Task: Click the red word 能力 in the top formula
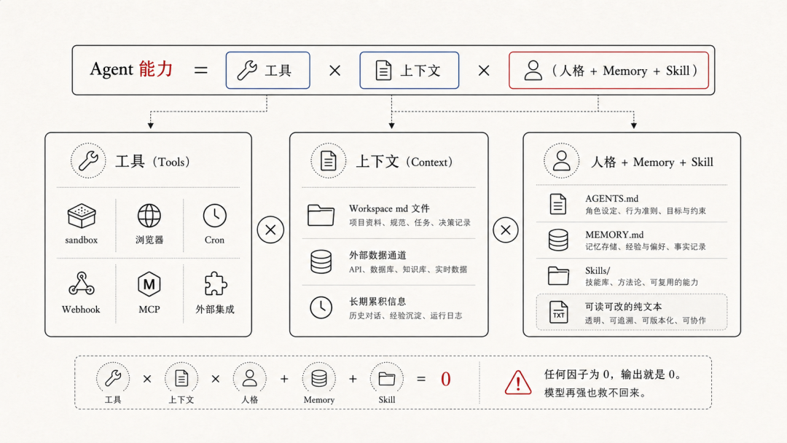[154, 70]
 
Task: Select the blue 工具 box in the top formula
[267, 71]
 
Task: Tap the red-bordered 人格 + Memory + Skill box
[608, 71]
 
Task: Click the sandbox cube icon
[81, 216]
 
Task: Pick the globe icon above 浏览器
[149, 216]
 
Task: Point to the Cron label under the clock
[214, 240]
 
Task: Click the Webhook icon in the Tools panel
[81, 283]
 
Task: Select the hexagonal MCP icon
[149, 283]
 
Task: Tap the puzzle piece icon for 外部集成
[215, 283]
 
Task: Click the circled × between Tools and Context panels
[270, 231]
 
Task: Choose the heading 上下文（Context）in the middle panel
[404, 162]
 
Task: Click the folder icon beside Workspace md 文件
[321, 215]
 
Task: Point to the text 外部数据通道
[378, 256]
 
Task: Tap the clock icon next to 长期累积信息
[321, 307]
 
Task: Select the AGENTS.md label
[611, 198]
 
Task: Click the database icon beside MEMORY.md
[558, 240]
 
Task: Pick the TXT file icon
[558, 312]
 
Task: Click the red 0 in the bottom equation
[445, 380]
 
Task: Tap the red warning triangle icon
[518, 382]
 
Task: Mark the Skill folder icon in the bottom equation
[387, 378]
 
